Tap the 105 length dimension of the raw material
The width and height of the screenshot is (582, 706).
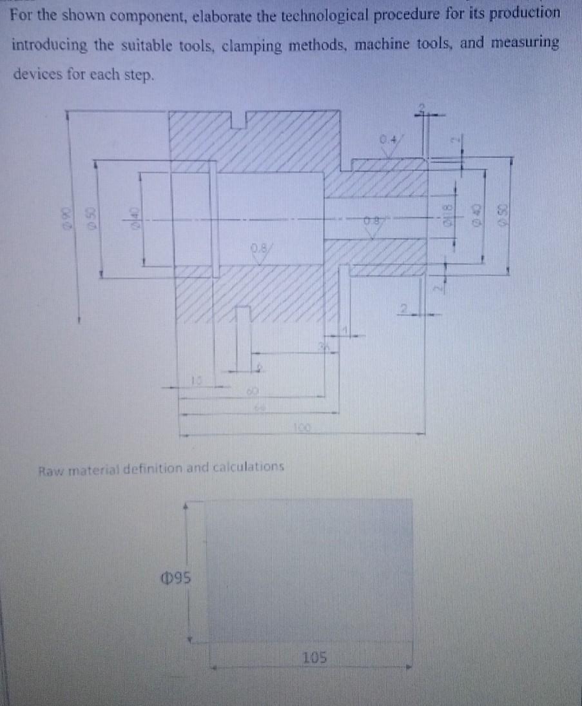(x=315, y=658)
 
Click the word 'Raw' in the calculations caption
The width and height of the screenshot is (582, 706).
(x=52, y=466)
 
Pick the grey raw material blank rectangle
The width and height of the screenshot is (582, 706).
(x=309, y=569)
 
